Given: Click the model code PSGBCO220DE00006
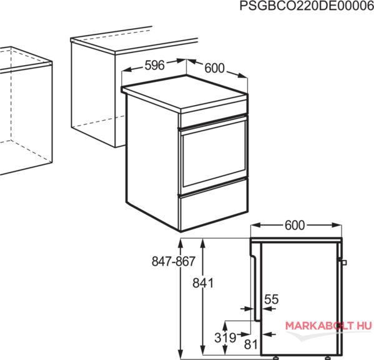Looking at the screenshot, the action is [307, 6].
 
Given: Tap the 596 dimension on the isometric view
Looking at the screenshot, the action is [155, 65].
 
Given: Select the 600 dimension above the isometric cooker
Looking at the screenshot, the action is [214, 68].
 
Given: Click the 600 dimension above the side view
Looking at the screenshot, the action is [295, 225].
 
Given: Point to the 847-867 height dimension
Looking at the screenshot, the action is [174, 261].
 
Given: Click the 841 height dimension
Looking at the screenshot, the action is [203, 283].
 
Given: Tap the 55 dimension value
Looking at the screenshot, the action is [272, 299].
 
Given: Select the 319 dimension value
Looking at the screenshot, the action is [225, 337].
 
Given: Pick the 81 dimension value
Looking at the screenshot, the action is [251, 344].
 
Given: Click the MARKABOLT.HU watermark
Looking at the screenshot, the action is [328, 326].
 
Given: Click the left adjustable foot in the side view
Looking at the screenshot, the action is [276, 357].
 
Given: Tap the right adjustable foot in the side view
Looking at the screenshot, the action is [328, 357].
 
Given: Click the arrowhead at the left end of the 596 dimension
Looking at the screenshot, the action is [126, 70].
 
